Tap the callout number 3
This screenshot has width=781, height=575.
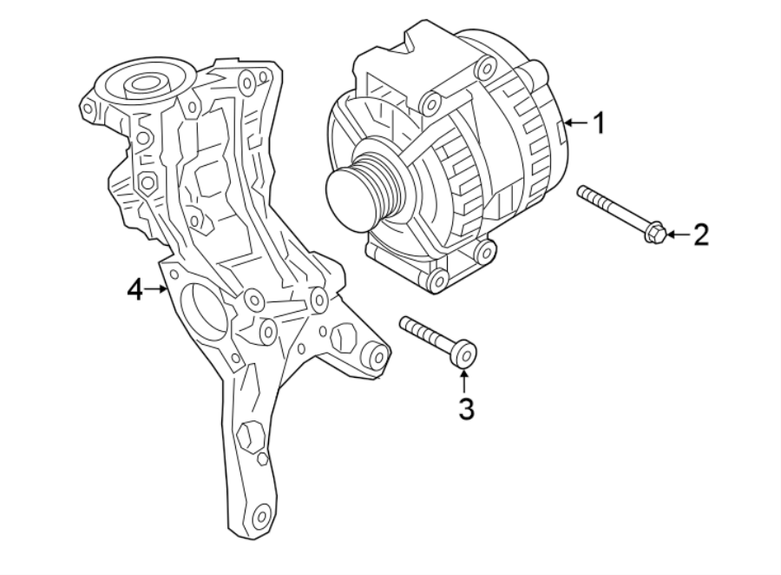pyautogui.click(x=466, y=407)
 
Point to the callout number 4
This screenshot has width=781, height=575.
pyautogui.click(x=134, y=289)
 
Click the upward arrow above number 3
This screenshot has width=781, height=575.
pyautogui.click(x=465, y=379)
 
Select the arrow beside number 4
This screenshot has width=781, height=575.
pyautogui.click(x=159, y=289)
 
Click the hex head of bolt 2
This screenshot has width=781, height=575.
pyautogui.click(x=655, y=232)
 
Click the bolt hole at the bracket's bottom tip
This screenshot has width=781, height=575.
pyautogui.click(x=259, y=517)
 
